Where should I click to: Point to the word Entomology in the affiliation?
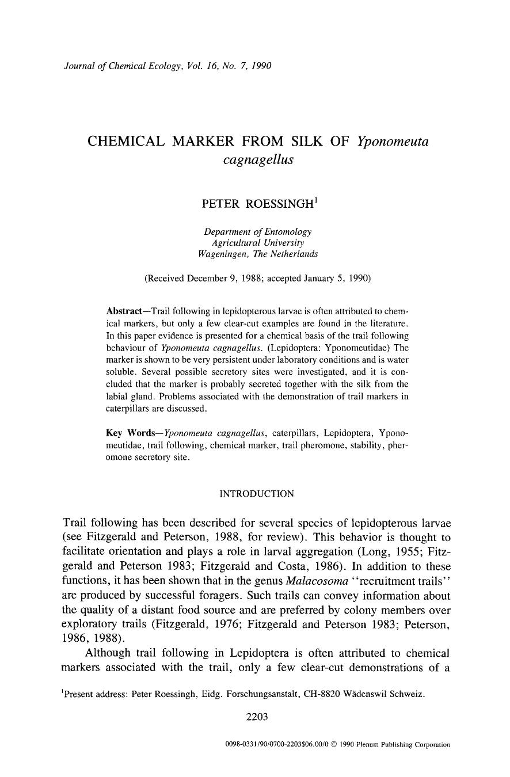point(291,231)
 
